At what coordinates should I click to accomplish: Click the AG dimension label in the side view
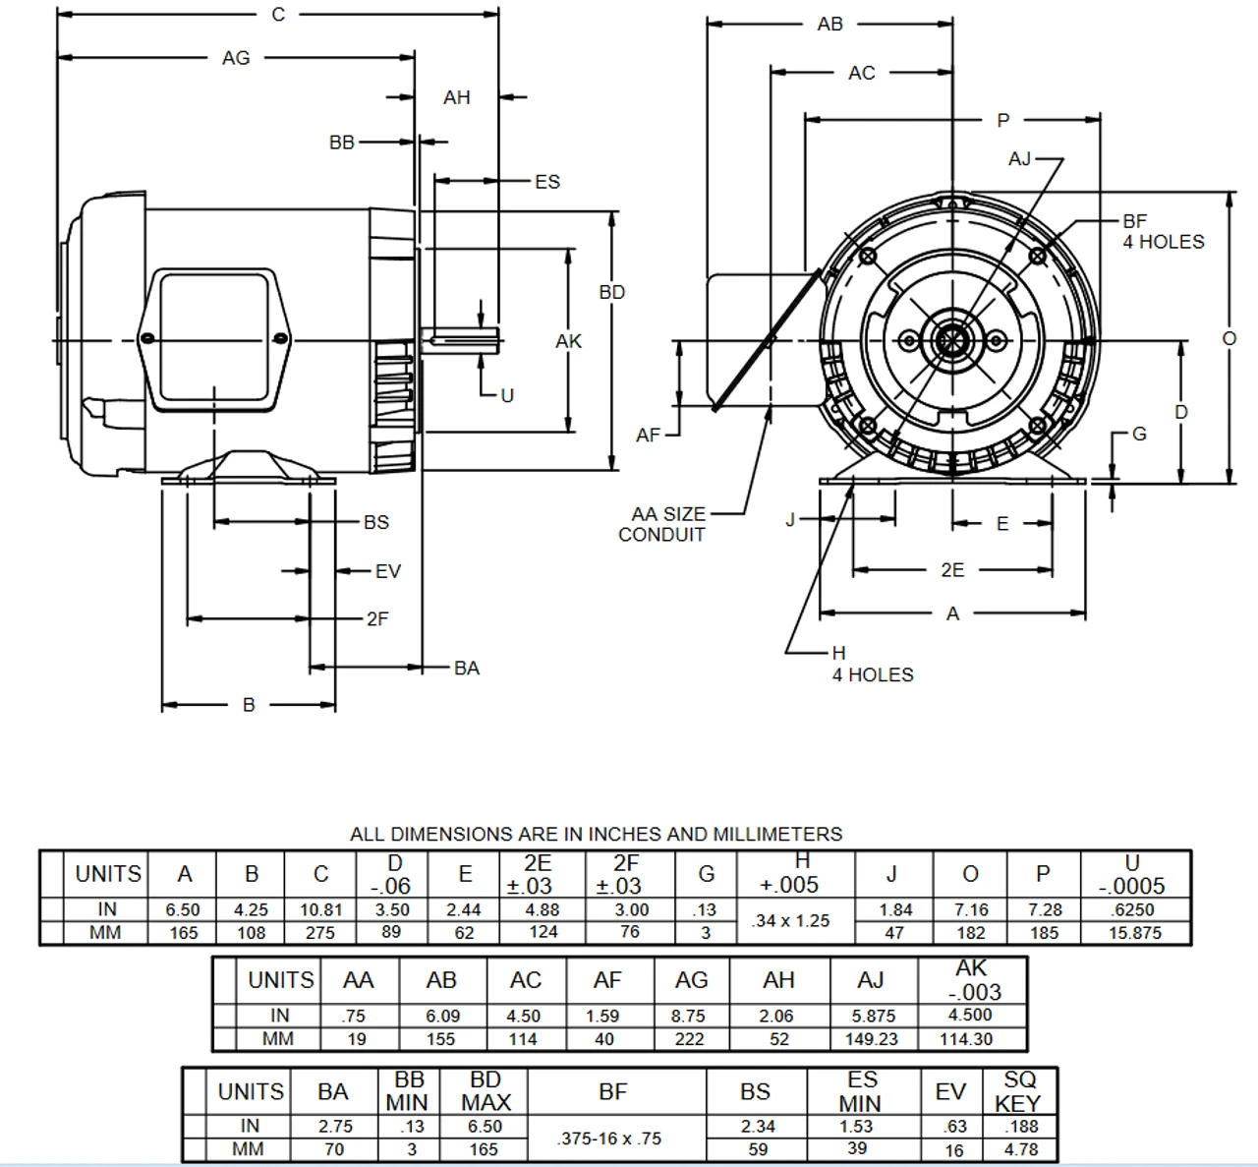pyautogui.click(x=236, y=58)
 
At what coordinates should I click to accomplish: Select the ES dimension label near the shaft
pyautogui.click(x=547, y=181)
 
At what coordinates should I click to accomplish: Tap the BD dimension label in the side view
pyautogui.click(x=611, y=292)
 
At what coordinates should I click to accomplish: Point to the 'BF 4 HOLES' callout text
pyautogui.click(x=1163, y=232)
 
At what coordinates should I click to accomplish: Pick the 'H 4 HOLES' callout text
pyautogui.click(x=871, y=665)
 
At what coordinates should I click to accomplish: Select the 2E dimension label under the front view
pyautogui.click(x=951, y=569)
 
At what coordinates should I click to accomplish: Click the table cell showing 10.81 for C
pyautogui.click(x=320, y=910)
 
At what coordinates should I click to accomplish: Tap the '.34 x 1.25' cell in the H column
pyautogui.click(x=790, y=921)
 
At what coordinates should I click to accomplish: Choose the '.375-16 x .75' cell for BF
pyautogui.click(x=608, y=1138)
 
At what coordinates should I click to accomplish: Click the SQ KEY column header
pyautogui.click(x=1019, y=1091)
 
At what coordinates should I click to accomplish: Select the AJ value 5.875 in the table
pyautogui.click(x=871, y=1016)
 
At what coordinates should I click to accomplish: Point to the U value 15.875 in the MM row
pyautogui.click(x=1135, y=933)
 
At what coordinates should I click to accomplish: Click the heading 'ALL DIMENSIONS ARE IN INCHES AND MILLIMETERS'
pyautogui.click(x=596, y=834)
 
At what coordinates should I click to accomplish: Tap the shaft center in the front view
pyautogui.click(x=950, y=341)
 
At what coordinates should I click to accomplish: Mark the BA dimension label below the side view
pyautogui.click(x=467, y=669)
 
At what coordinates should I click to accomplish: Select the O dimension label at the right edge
pyautogui.click(x=1229, y=338)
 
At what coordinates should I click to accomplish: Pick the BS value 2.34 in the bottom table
pyautogui.click(x=756, y=1127)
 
